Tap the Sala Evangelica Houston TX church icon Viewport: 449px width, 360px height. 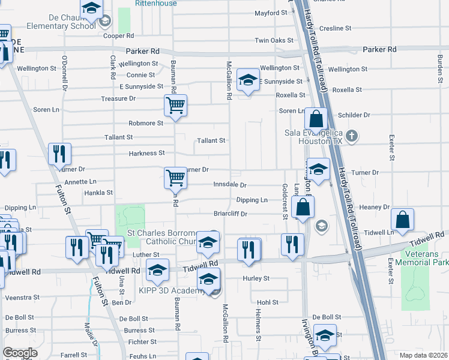coord(353,136)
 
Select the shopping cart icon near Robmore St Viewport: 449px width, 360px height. coord(175,106)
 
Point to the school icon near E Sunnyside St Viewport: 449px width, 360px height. coord(247,80)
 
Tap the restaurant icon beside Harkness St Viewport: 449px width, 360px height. coord(60,154)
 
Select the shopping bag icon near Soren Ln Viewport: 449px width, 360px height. coord(316,118)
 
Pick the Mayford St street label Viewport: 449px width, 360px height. coord(271,13)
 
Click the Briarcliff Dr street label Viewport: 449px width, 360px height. coord(231,213)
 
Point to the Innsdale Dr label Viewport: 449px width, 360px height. coord(231,185)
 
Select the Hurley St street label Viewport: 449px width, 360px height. coord(256,278)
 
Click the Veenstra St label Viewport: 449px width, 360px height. coord(22,297)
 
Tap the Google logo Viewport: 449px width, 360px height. coord(20,353)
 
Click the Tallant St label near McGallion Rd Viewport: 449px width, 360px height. coord(211,140)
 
